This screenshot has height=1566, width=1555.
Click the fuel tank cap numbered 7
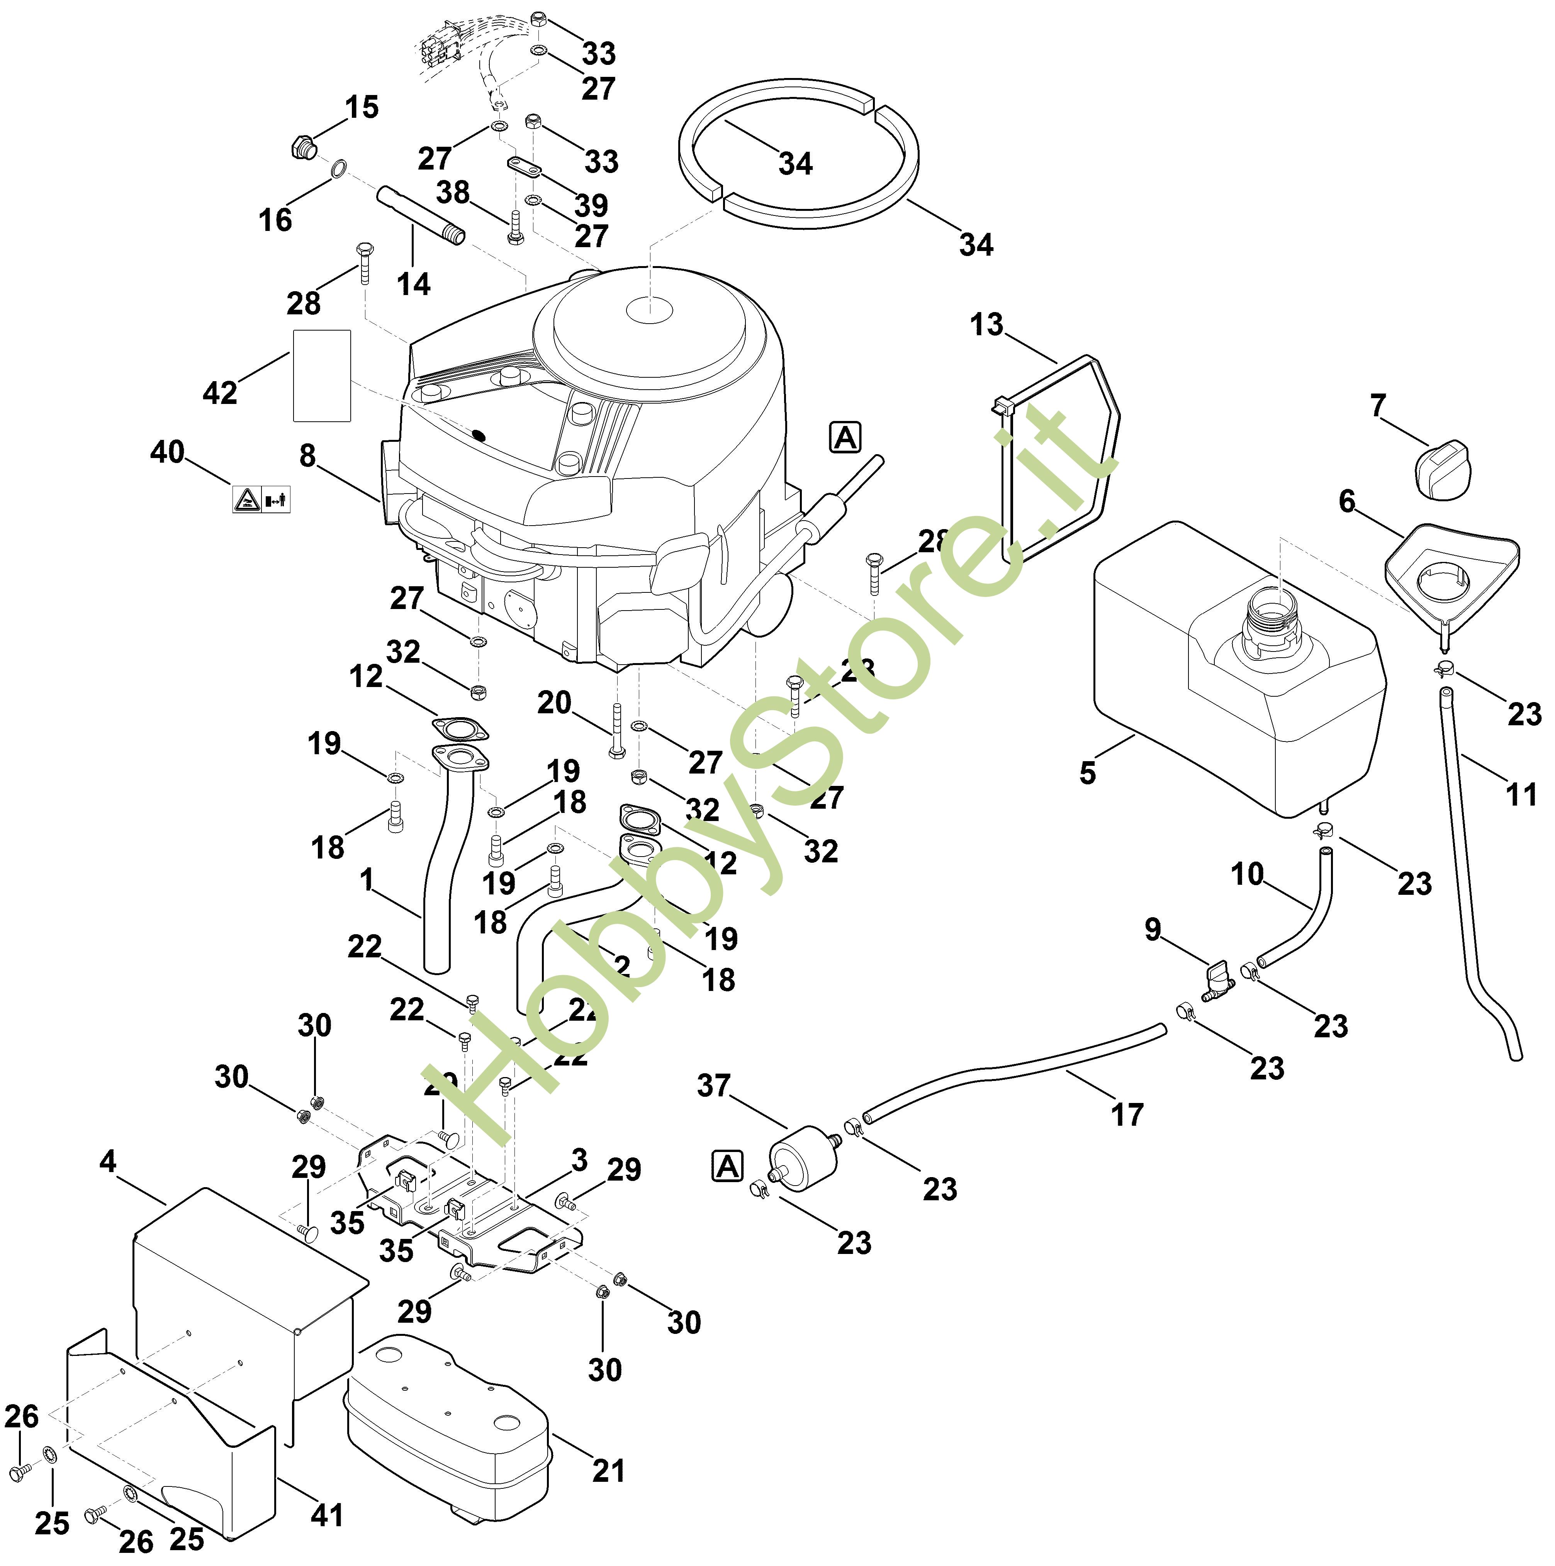click(1440, 468)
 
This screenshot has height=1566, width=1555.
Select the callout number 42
click(220, 393)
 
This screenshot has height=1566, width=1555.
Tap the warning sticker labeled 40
click(261, 499)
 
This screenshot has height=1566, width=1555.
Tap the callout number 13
click(986, 325)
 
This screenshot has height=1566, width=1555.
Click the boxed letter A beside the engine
click(845, 438)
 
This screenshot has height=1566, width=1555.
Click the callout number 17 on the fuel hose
click(1127, 1115)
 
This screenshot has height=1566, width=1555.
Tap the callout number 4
click(108, 1162)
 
